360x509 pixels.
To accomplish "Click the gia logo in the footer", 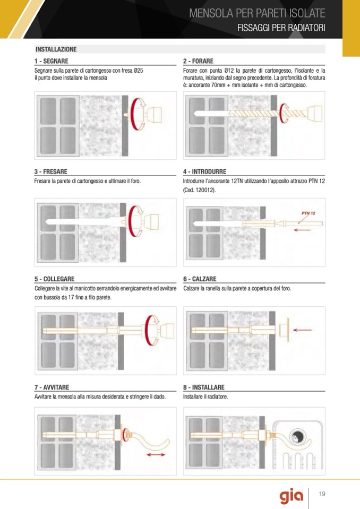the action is point(291,496).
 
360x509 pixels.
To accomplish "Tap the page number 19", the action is point(322,494).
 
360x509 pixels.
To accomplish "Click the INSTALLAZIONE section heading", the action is point(56,49).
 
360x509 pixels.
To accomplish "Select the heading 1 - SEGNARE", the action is point(52,61).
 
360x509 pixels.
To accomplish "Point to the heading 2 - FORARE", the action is point(198,61).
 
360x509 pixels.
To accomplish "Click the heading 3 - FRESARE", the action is point(50,171).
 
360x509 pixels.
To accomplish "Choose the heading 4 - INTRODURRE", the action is point(204,171).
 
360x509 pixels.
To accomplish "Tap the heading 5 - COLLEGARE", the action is point(55,279).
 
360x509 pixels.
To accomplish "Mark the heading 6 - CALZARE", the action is point(200,279).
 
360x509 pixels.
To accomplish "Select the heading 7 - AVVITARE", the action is point(52,387).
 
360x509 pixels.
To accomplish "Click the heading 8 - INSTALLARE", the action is point(203,387).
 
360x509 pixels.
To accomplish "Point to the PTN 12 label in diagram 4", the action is point(308,213).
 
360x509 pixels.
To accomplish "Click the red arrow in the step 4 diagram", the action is point(302,230).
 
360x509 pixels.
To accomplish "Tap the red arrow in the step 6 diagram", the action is point(302,330).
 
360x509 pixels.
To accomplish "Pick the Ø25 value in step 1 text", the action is point(138,71).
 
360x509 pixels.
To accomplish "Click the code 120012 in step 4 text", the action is point(204,190).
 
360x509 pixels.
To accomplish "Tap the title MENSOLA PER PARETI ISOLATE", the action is point(257,13).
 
